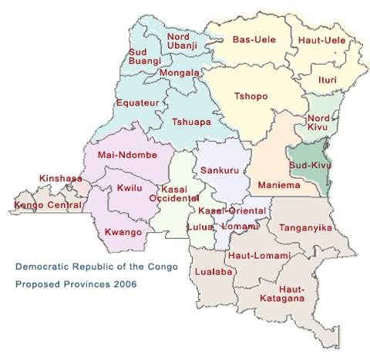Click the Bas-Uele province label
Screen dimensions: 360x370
pos(248,39)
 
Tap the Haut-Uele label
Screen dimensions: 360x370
pos(315,39)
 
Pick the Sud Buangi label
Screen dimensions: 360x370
pos(144,56)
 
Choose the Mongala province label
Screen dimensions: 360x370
pos(179,73)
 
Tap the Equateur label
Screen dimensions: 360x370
pos(137,102)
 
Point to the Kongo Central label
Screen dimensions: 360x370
pos(48,206)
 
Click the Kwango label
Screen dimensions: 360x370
pos(123,231)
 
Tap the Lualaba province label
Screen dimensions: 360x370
pos(210,272)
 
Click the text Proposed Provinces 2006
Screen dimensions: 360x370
pos(76,284)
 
